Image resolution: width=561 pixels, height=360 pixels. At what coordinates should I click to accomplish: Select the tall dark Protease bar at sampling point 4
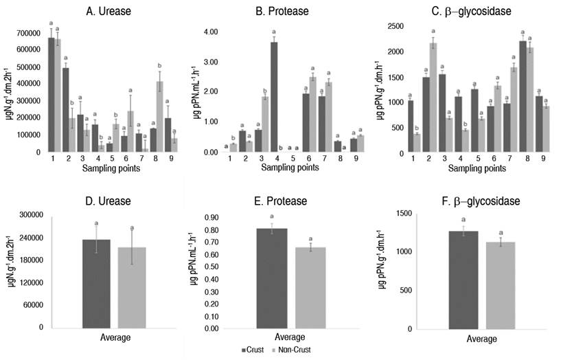tap(273, 96)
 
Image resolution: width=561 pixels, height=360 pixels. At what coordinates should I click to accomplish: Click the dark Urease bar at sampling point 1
tap(51, 95)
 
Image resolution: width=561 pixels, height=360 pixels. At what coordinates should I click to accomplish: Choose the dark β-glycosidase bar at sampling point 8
tap(523, 96)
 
